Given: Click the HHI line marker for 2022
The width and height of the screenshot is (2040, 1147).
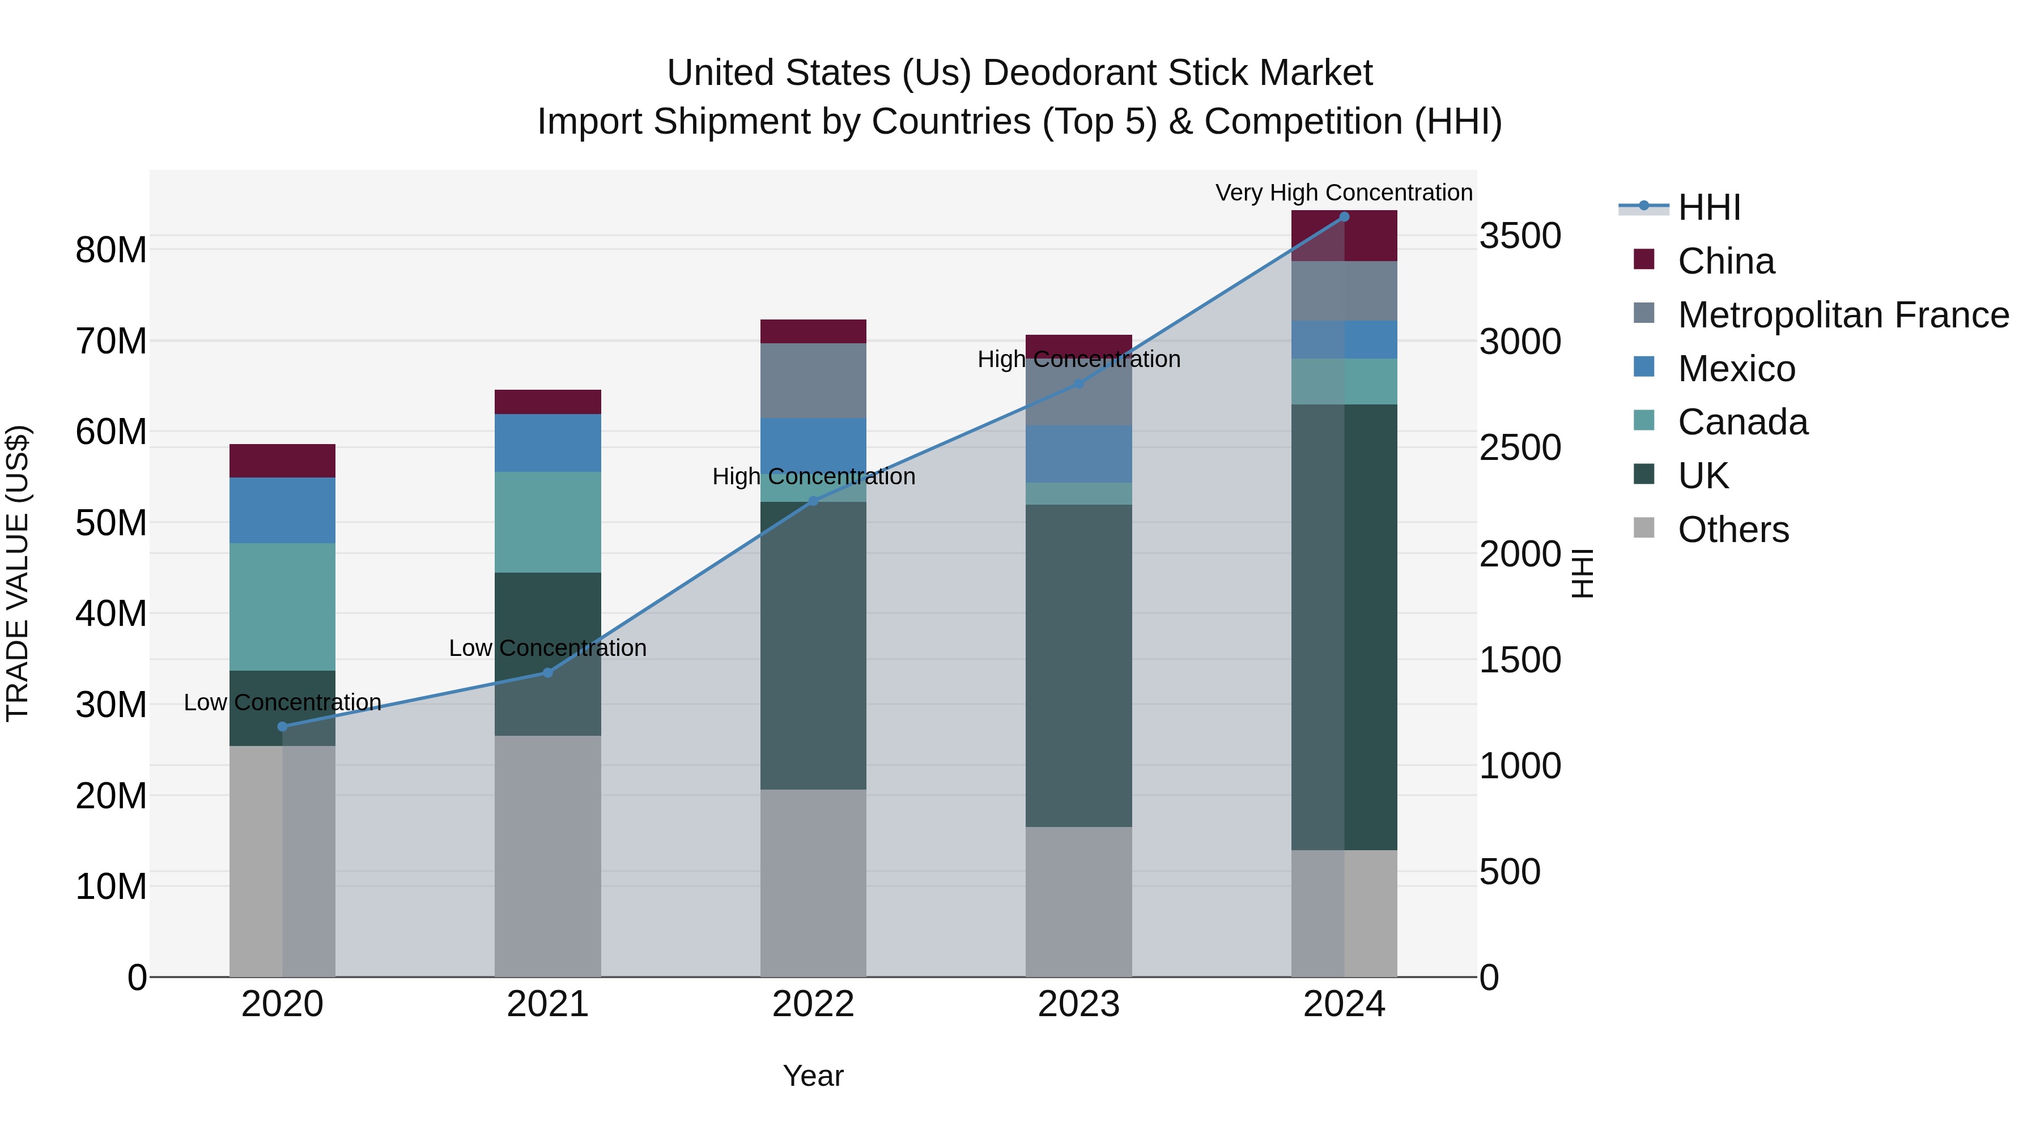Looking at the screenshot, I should [x=813, y=500].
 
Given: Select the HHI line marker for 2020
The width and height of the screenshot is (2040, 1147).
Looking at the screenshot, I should [x=283, y=727].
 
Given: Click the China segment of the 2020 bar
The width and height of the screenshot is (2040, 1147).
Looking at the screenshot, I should [x=283, y=460].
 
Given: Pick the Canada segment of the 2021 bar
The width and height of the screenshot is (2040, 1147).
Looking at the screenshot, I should [x=547, y=522].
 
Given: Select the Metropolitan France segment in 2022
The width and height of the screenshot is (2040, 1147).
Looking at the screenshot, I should [x=813, y=381].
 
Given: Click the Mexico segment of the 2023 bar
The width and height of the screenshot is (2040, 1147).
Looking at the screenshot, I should [x=1078, y=454].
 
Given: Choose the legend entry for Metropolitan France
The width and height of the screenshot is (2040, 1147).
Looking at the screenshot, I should [x=1842, y=315].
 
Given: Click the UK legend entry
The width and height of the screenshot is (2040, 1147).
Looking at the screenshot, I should [x=1703, y=476].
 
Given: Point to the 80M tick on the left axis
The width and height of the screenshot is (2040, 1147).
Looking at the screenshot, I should [x=111, y=250].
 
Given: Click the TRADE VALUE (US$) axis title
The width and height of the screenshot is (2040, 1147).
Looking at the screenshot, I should [x=18, y=573].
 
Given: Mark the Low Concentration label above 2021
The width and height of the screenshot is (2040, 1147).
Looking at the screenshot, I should [x=547, y=649].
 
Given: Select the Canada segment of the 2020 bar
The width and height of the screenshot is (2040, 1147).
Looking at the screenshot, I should [x=283, y=607].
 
